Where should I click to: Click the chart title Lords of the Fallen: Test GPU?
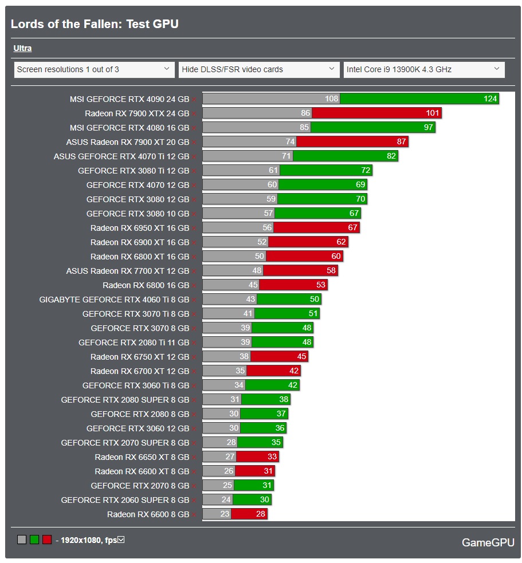point(95,24)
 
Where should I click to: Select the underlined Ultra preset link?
point(22,49)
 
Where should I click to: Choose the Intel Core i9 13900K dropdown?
point(423,69)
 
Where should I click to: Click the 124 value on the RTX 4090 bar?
point(490,99)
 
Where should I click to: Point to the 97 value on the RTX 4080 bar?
point(428,128)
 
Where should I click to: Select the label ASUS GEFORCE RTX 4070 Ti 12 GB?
point(121,156)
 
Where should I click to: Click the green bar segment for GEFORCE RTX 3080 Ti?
point(325,171)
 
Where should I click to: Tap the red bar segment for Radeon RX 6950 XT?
point(316,228)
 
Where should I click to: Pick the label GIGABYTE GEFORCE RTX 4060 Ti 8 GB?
point(114,300)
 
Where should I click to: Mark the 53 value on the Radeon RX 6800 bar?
point(320,285)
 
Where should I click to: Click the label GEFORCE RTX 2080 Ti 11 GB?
point(134,342)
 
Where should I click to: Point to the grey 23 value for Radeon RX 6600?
point(225,514)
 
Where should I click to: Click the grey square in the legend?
point(22,540)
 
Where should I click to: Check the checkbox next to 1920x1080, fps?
point(121,540)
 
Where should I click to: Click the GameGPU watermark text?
point(488,542)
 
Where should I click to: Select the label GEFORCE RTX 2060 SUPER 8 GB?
point(125,500)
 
